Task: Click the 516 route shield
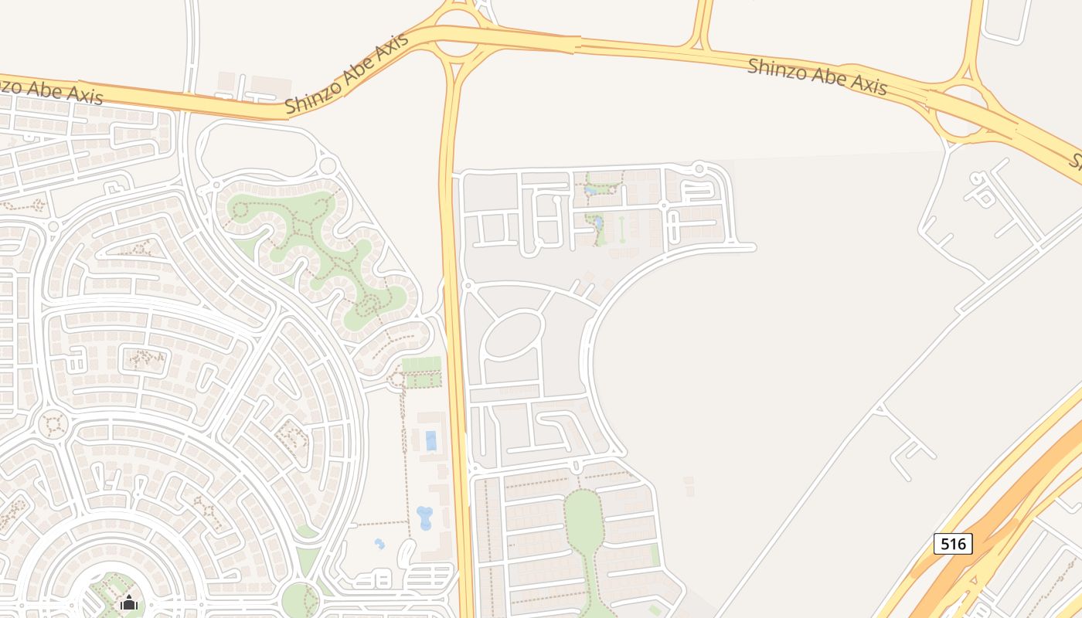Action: tap(953, 544)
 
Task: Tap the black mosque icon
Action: tap(129, 602)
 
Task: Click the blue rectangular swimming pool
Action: tap(430, 440)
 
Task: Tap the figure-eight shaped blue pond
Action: tap(424, 518)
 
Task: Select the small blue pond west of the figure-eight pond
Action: tap(379, 544)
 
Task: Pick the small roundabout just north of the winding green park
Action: tap(328, 165)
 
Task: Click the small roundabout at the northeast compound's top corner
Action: tap(699, 167)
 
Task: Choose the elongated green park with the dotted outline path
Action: tap(584, 518)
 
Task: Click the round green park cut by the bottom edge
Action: tap(299, 600)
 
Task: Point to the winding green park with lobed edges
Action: tap(325, 255)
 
